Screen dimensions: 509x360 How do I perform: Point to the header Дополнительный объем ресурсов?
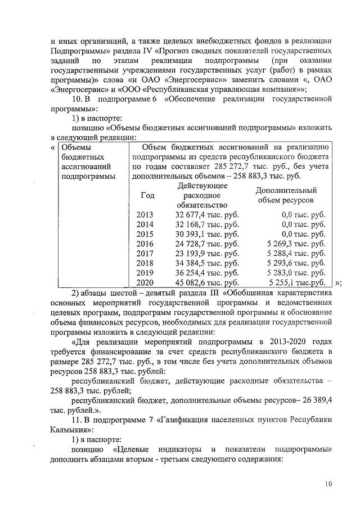[x=286, y=195]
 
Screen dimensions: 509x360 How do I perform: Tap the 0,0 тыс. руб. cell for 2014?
[x=304, y=224]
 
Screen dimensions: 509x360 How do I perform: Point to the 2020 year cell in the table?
[x=145, y=282]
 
